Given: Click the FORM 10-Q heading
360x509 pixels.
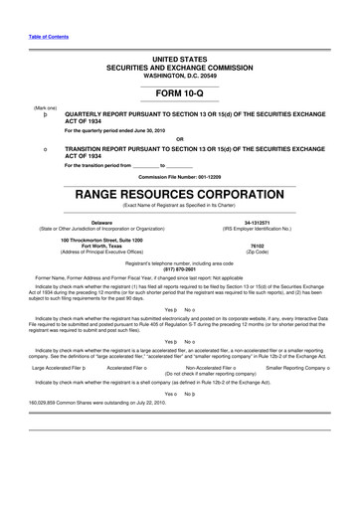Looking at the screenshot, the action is pos(179,92).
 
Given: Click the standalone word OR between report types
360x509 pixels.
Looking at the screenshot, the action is pos(179,137).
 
